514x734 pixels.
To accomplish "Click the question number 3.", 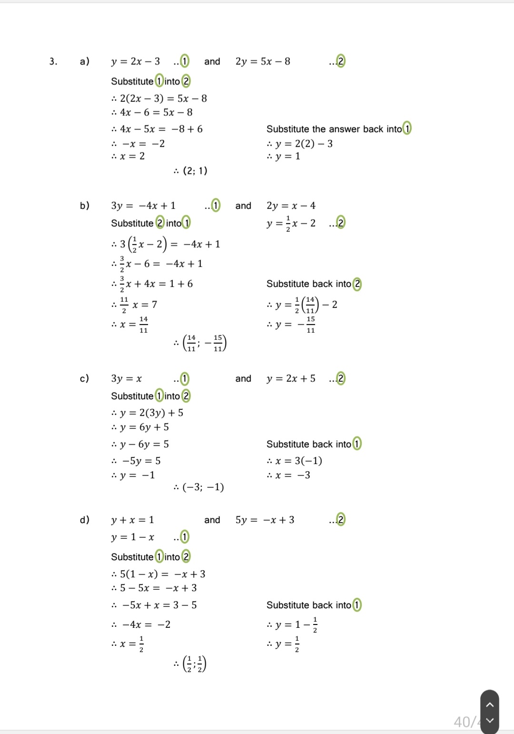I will click(53, 61).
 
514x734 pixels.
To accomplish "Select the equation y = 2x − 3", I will click(136, 61).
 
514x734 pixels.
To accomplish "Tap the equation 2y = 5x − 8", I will click(263, 61).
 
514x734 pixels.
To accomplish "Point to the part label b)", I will click(85, 206).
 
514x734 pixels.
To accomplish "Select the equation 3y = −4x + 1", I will click(143, 206).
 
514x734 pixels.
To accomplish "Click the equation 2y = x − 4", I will click(291, 206).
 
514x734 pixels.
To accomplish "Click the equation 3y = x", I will click(127, 379).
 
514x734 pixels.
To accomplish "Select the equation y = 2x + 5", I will click(291, 379).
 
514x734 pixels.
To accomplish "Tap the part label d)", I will click(85, 520).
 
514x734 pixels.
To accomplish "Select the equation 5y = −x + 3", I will click(265, 520).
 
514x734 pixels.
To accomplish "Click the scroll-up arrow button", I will click(490, 704).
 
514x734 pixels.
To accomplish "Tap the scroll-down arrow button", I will click(490, 721).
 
